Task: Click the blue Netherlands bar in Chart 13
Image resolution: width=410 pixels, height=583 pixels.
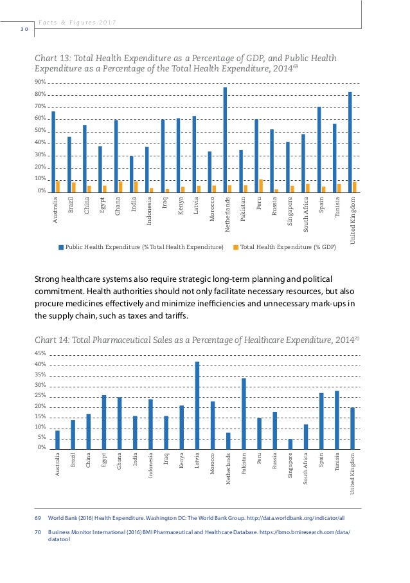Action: click(x=225, y=140)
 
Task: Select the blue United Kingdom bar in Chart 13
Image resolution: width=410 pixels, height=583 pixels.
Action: click(x=350, y=142)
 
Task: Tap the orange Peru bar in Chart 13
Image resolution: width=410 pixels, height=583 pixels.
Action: click(x=261, y=185)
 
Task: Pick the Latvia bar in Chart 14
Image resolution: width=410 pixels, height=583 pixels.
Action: click(x=197, y=405)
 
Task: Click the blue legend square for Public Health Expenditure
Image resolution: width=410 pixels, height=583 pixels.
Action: click(x=62, y=246)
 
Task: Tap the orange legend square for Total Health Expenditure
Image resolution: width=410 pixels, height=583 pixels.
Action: click(x=236, y=246)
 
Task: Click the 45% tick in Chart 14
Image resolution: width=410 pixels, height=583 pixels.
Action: click(x=40, y=353)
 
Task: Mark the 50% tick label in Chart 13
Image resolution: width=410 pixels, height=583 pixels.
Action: click(x=40, y=131)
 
